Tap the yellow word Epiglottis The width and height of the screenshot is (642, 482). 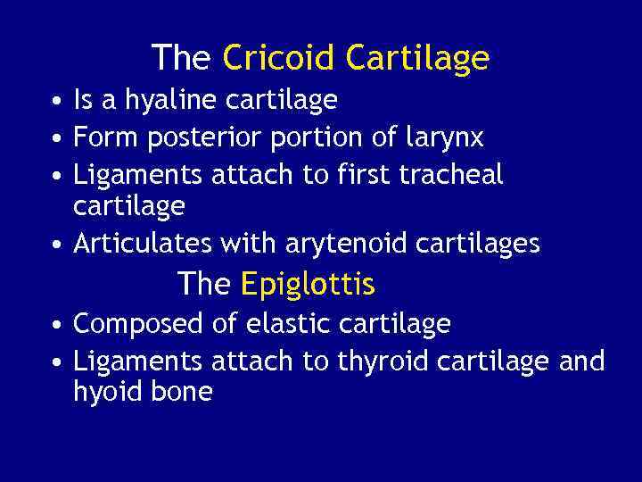(x=308, y=285)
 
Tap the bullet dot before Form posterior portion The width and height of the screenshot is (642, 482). (x=55, y=140)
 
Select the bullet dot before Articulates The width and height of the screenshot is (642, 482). (x=55, y=245)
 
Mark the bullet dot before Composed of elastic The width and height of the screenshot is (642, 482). (x=55, y=326)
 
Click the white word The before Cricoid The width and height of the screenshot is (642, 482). (x=181, y=58)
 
